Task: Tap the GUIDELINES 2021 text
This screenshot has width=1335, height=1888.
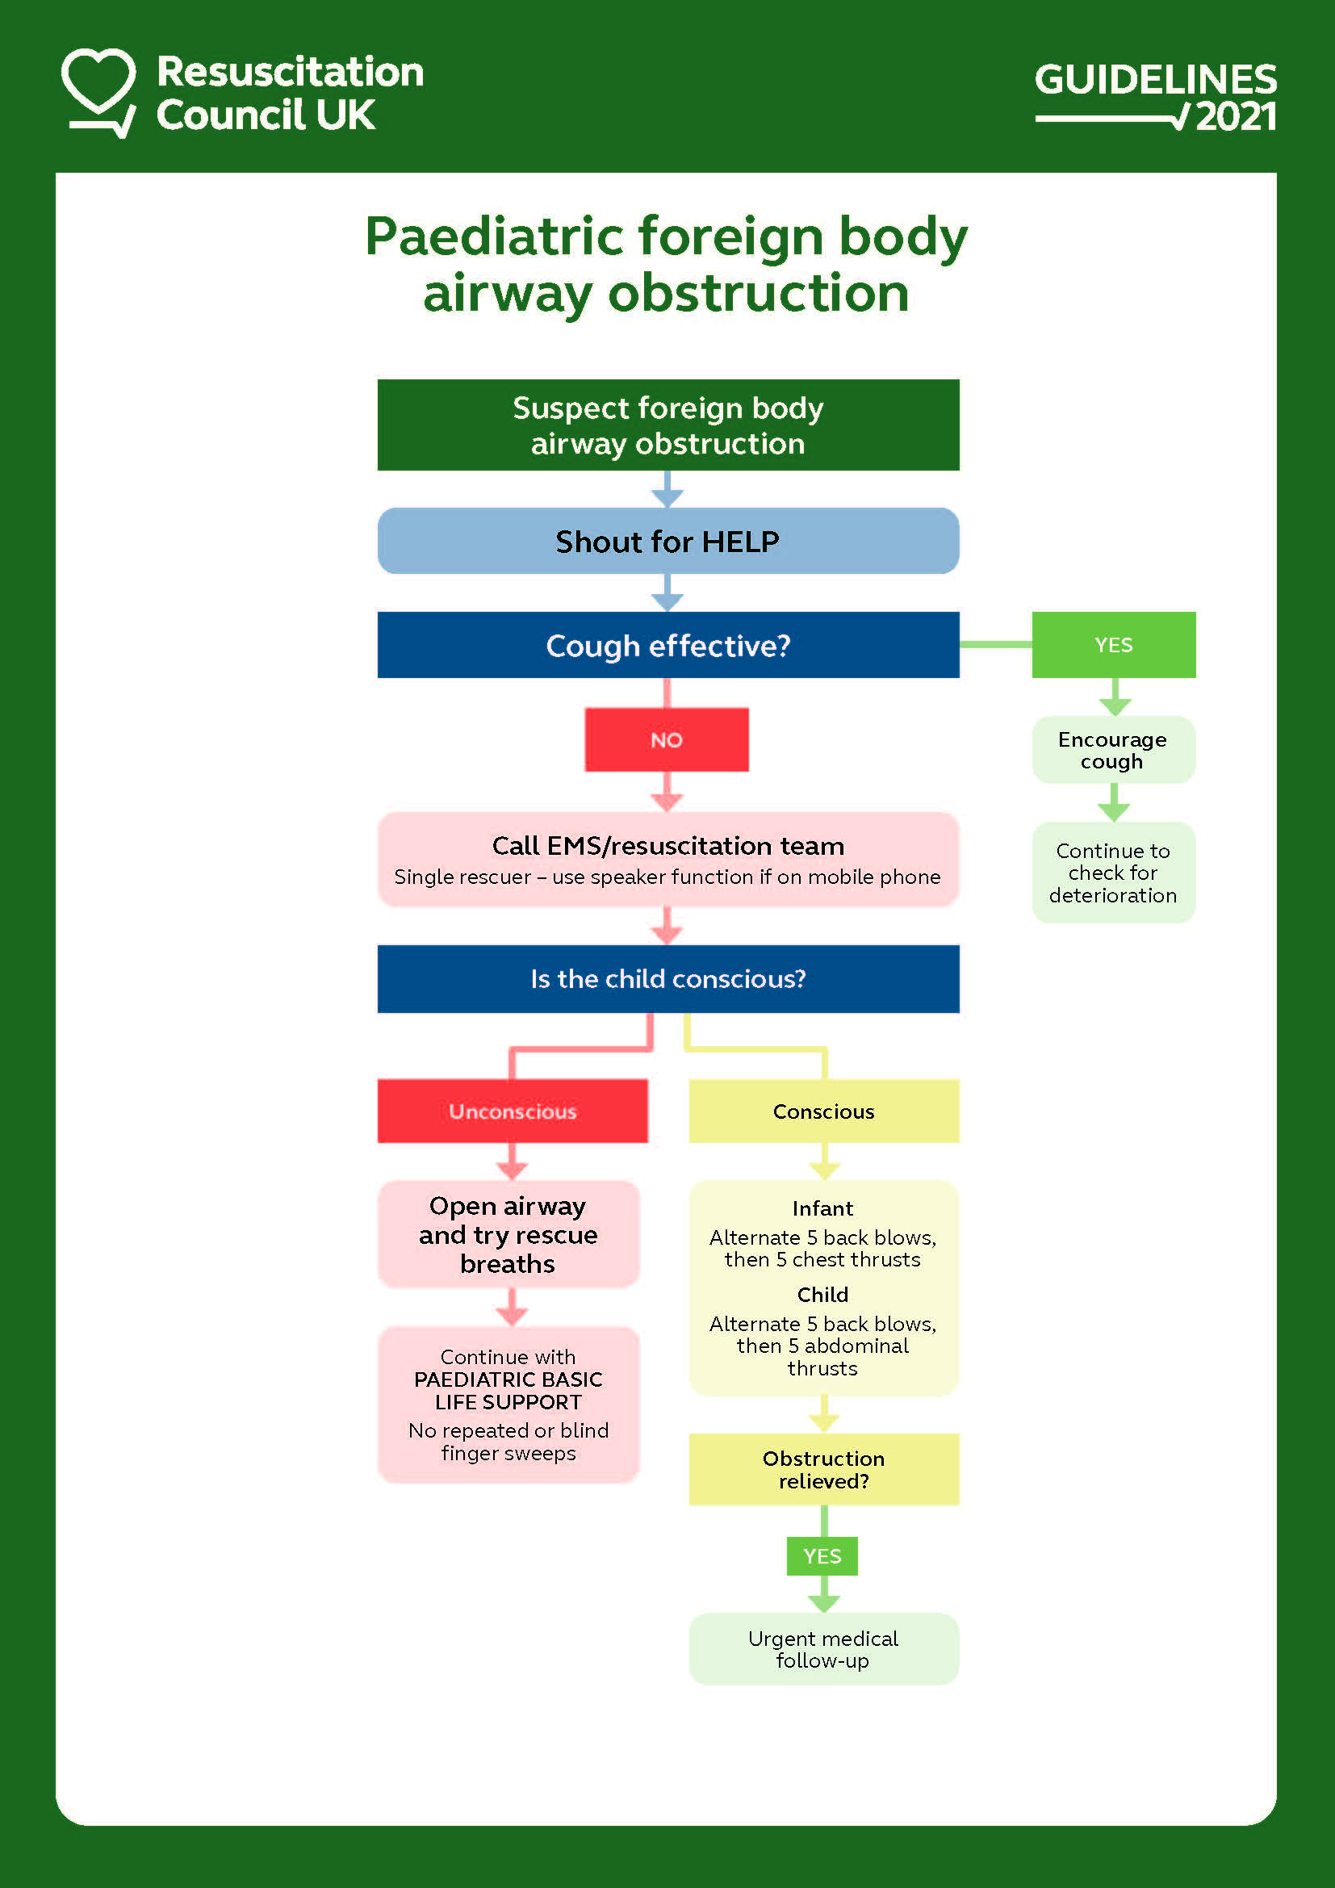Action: point(1155,97)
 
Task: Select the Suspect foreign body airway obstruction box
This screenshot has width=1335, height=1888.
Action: point(667,425)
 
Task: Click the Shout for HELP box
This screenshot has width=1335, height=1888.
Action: point(667,541)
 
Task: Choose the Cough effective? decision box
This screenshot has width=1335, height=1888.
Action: point(667,646)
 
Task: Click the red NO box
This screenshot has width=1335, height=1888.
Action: point(666,740)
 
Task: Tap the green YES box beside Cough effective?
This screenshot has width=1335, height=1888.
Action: point(1113,646)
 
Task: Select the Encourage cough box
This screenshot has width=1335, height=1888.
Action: point(1113,750)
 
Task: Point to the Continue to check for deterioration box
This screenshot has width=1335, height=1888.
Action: point(1113,873)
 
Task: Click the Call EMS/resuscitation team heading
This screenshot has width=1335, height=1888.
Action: point(667,846)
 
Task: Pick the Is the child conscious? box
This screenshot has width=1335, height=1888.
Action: point(667,978)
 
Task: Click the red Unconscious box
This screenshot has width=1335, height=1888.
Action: point(513,1111)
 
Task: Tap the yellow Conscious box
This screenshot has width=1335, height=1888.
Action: point(824,1111)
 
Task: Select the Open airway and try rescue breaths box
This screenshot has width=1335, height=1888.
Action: point(508,1234)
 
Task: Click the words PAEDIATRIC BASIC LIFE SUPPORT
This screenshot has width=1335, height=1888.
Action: point(508,1391)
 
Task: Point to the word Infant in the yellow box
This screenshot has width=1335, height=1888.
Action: point(822,1208)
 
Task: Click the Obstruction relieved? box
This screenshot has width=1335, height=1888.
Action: point(824,1469)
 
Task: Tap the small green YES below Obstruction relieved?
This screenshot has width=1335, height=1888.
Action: point(822,1555)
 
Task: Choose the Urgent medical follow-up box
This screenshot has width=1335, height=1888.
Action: point(824,1649)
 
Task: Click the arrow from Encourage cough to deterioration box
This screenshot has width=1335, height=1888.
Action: point(1113,802)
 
